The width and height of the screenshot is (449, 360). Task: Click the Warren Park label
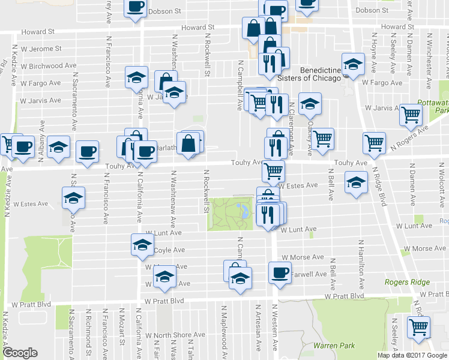334,346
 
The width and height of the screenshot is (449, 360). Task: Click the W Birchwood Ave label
48,65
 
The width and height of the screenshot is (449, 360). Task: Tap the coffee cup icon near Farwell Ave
279,273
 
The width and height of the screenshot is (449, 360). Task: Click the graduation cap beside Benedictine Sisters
353,64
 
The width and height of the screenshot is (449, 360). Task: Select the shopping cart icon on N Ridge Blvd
374,143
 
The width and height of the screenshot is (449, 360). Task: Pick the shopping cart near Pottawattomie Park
411,113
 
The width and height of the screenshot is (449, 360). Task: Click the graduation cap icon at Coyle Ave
142,244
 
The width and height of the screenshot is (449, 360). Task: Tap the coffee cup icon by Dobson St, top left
135,7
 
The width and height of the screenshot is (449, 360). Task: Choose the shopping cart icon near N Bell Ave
322,139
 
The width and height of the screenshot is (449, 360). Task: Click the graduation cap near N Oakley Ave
310,104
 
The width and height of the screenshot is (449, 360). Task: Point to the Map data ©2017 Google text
412,355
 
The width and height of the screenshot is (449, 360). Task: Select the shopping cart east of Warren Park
418,327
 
